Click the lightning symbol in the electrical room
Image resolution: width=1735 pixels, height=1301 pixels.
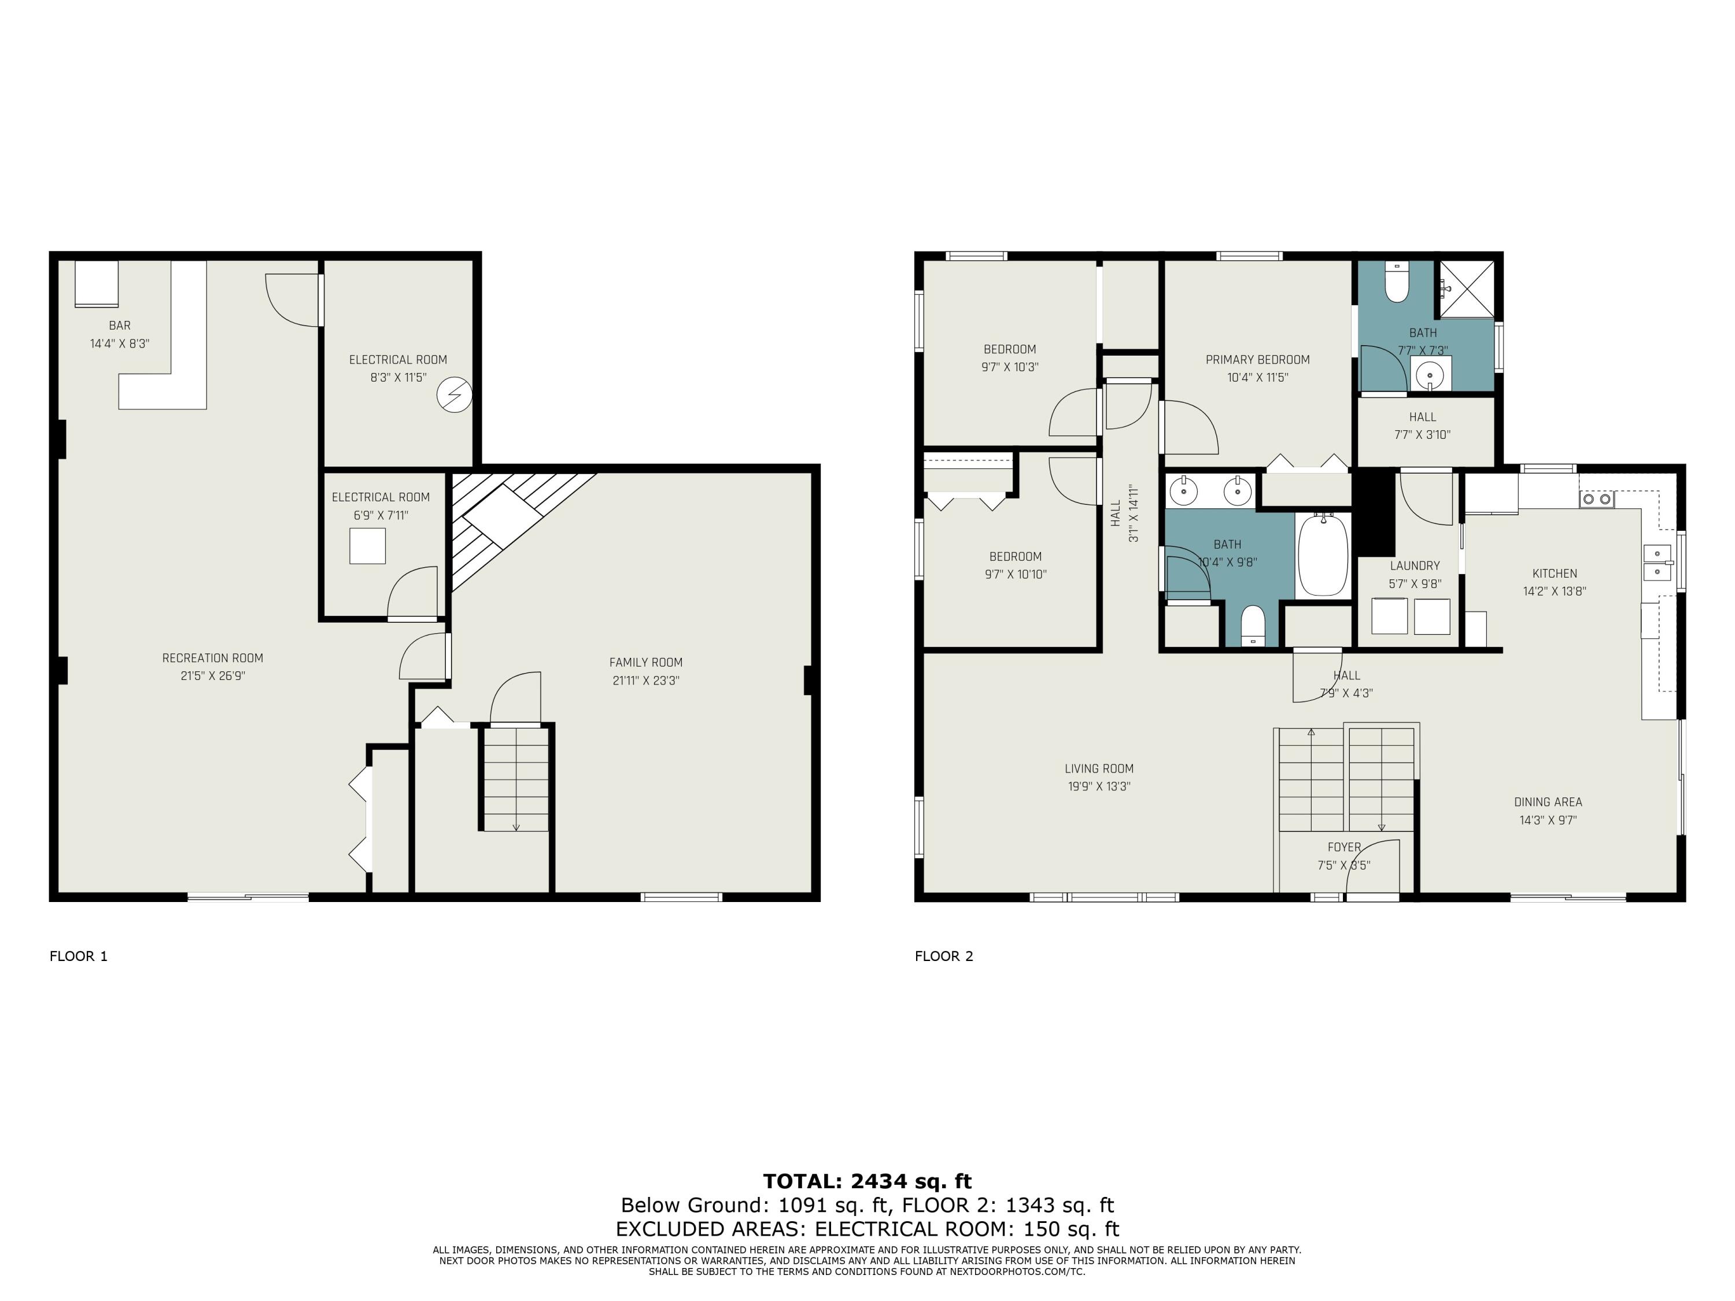[x=454, y=396]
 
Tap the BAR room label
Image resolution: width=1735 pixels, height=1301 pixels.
[x=120, y=326]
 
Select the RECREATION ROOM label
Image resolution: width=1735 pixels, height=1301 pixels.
[x=213, y=658]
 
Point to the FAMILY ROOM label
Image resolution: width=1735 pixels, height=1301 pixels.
[x=645, y=663]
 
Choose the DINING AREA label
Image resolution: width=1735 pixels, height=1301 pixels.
[x=1548, y=802]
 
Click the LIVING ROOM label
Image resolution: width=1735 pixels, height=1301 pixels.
[x=1099, y=769]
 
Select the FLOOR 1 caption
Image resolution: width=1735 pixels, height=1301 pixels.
[x=79, y=956]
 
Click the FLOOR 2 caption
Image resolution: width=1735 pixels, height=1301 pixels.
[x=944, y=956]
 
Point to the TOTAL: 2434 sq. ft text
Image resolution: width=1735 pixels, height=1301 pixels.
[x=867, y=1181]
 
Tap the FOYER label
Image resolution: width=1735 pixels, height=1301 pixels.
[x=1343, y=848]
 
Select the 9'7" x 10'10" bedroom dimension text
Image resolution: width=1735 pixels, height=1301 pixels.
[x=1016, y=574]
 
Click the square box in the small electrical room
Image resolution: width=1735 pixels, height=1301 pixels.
[x=367, y=546]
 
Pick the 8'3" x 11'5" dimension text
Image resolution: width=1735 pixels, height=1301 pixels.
[x=398, y=377]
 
